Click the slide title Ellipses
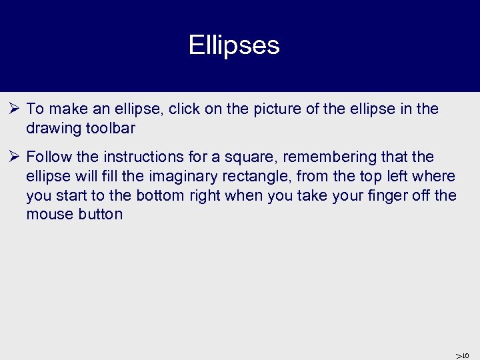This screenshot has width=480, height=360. point(234,46)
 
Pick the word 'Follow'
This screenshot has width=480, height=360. point(48,157)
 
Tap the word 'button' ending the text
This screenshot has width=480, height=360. point(99,215)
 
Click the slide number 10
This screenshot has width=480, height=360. point(465,355)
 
